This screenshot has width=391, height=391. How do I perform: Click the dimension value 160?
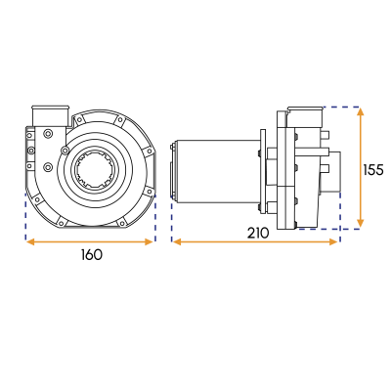pyautogui.click(x=90, y=254)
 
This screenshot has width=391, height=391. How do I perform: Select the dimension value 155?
pyautogui.click(x=373, y=170)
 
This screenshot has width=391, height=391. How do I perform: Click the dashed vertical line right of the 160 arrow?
pyautogui.click(x=155, y=215)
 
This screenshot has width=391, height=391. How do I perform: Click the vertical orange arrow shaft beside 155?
pyautogui.click(x=362, y=167)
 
